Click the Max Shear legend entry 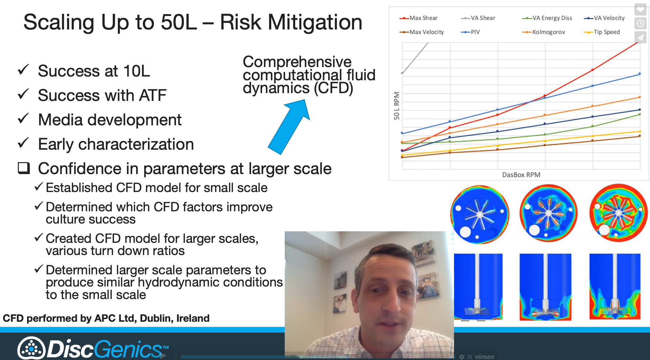(418, 18)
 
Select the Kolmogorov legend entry (544, 32)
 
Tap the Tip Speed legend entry (602, 32)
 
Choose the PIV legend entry (471, 32)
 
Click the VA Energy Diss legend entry (547, 18)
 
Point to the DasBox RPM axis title (521, 175)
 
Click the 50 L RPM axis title (396, 106)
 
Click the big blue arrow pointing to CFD (289, 127)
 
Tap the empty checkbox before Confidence (24, 168)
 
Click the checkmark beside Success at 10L (23, 70)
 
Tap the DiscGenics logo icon (31, 348)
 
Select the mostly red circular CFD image (618, 213)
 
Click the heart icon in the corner (640, 9)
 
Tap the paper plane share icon (640, 37)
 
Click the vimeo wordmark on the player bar (484, 356)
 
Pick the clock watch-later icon (640, 23)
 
